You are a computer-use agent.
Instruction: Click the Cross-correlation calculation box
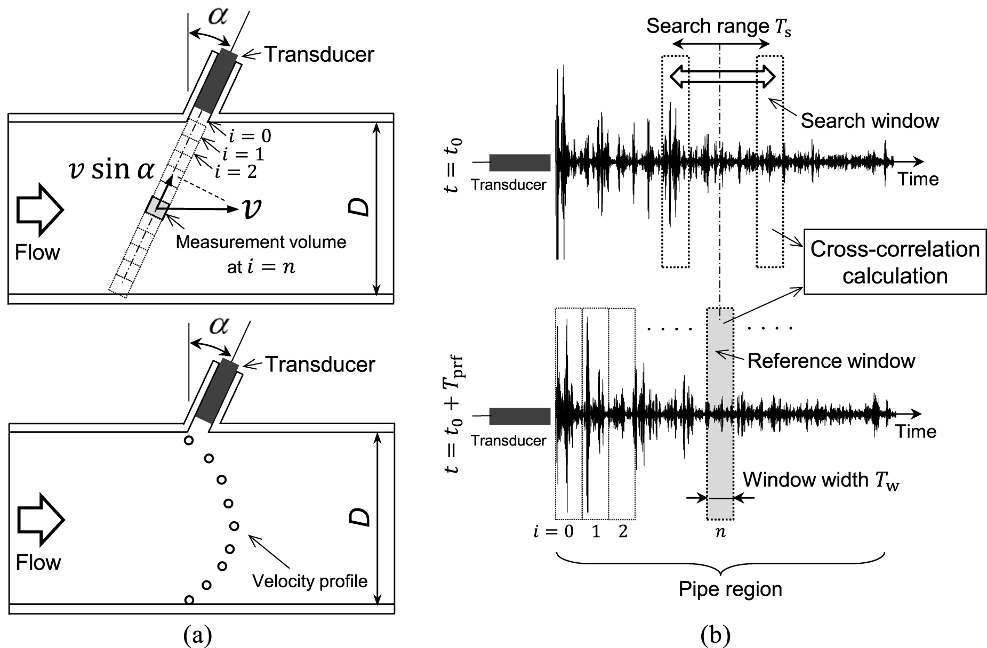point(895,262)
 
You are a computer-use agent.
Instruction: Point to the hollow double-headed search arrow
point(723,76)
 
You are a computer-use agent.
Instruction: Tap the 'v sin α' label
point(111,171)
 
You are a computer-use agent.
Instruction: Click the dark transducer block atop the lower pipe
point(218,392)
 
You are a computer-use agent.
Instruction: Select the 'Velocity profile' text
point(310,580)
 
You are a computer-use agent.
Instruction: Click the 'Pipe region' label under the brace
point(730,589)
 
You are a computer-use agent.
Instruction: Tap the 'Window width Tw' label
point(821,480)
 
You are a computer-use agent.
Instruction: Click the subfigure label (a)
point(197,635)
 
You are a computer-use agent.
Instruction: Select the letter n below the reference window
point(720,531)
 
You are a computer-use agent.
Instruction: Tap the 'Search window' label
point(869,121)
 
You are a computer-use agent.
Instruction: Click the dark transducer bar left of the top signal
point(519,163)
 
